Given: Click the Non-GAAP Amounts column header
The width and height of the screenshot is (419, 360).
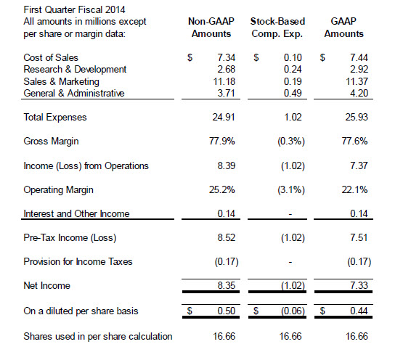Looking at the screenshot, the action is [x=211, y=28].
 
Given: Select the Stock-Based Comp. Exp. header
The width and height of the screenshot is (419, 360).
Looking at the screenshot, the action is [x=277, y=28].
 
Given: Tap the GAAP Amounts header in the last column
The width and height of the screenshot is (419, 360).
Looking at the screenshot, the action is [x=344, y=28].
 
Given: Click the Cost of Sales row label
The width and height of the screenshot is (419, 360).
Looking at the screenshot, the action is [x=51, y=57].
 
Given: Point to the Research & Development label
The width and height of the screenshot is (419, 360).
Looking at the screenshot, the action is [x=75, y=69].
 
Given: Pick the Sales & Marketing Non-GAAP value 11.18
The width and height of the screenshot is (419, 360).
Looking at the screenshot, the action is [x=224, y=81].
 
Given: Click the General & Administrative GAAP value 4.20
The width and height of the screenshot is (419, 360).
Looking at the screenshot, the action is [x=359, y=93].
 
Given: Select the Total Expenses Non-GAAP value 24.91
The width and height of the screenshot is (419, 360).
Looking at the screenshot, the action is [x=224, y=117].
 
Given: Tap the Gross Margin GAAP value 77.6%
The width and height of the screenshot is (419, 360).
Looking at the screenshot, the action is [x=354, y=141].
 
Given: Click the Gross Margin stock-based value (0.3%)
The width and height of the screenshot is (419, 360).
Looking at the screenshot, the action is [x=291, y=141].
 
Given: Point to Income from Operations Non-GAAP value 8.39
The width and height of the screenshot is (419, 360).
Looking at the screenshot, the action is [x=227, y=165].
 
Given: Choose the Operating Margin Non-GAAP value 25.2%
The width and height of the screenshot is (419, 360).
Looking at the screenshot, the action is [x=221, y=189].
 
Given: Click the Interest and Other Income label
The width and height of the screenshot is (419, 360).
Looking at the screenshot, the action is [x=76, y=213].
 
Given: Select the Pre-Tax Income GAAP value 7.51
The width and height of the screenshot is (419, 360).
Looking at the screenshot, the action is [x=359, y=237].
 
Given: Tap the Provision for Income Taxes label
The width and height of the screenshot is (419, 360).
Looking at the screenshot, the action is [x=78, y=261].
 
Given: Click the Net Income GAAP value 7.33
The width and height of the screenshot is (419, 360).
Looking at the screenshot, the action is [x=359, y=285].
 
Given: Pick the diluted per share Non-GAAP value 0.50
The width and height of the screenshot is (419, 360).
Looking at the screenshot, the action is [x=226, y=311].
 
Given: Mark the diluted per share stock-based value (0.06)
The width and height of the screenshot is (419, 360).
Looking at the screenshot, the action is [x=293, y=311].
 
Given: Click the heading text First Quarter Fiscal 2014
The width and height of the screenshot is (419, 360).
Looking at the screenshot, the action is [x=74, y=9].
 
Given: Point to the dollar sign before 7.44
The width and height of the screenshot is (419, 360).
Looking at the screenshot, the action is [x=322, y=57].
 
